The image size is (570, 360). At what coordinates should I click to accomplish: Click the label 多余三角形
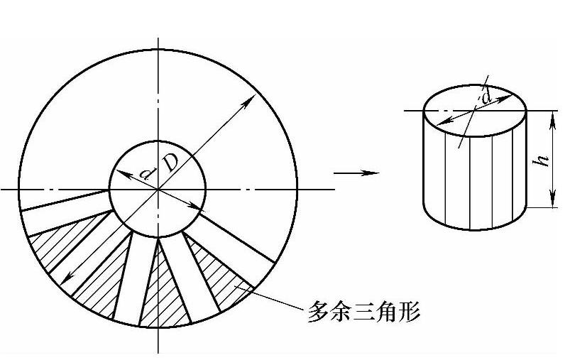point(363,312)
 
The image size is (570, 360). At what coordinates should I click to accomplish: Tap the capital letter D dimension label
point(170,163)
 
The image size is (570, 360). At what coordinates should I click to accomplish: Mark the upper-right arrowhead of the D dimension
point(249,100)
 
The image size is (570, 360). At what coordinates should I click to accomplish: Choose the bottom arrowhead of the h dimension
point(553,202)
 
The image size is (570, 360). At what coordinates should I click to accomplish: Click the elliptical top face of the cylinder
point(474,110)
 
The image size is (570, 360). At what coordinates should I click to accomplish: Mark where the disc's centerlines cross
point(158,190)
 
